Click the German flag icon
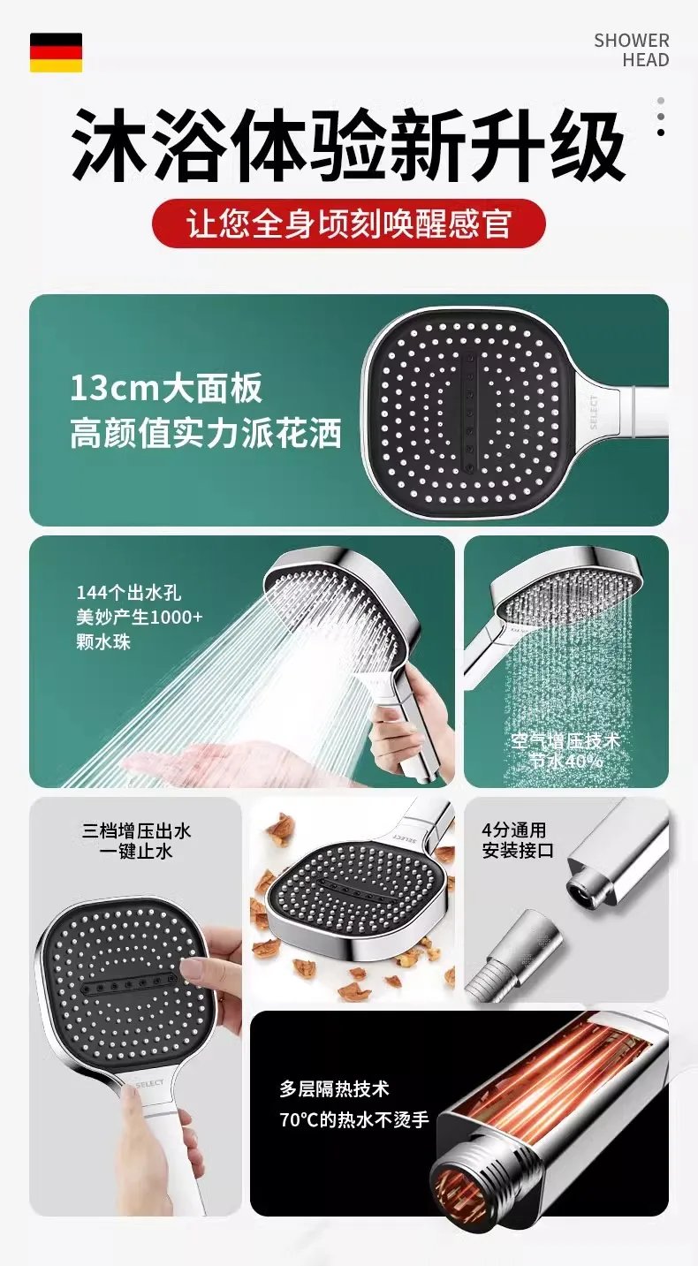(x=56, y=52)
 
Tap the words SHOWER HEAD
(x=631, y=50)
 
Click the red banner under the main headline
(x=348, y=224)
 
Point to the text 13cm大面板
(x=166, y=390)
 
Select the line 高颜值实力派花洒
(x=205, y=435)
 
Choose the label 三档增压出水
(x=136, y=831)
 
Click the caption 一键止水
(x=136, y=853)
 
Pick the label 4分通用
(x=513, y=830)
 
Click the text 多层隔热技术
(x=334, y=1089)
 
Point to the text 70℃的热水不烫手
(x=353, y=1120)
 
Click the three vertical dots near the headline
(x=660, y=117)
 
